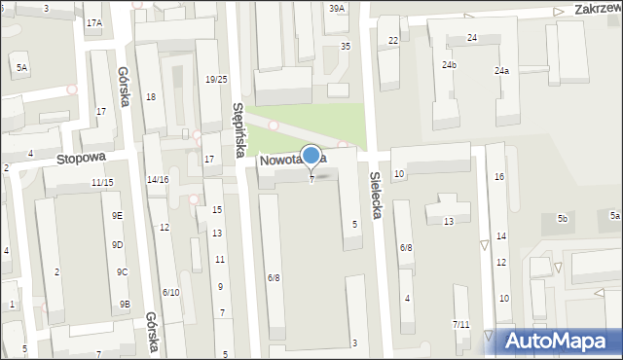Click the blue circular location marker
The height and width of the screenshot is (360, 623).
click(311, 156)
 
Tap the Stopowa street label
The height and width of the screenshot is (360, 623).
click(79, 158)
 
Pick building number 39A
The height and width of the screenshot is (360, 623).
click(337, 9)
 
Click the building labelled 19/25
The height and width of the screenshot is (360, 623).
click(216, 79)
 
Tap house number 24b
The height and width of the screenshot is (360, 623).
click(449, 65)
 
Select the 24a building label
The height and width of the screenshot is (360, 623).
click(501, 71)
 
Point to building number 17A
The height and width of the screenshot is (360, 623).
click(93, 22)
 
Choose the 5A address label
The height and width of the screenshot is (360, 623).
click(21, 67)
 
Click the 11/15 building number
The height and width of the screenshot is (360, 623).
click(102, 183)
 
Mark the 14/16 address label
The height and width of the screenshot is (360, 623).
click(158, 180)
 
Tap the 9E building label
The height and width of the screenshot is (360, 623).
click(117, 215)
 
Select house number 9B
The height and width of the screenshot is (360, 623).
click(125, 305)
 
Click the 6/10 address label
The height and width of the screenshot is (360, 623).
click(170, 293)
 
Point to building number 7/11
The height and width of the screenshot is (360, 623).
click(461, 324)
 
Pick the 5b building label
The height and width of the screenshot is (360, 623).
click(562, 219)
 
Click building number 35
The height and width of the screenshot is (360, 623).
click(345, 46)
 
